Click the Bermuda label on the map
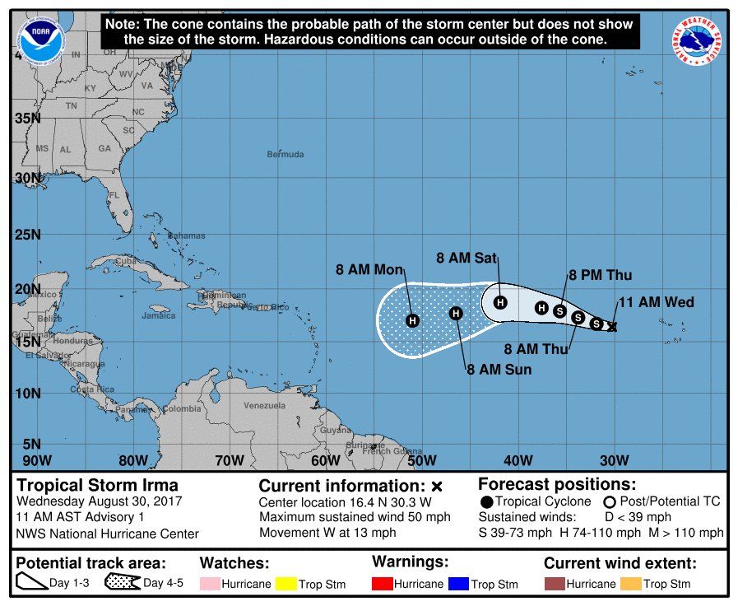pyautogui.click(x=285, y=154)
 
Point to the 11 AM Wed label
pyautogui.click(x=656, y=302)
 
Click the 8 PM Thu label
pyautogui.click(x=600, y=275)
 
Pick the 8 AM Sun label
pyautogui.click(x=499, y=370)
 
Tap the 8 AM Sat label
pyautogui.click(x=466, y=258)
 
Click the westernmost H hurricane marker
pyautogui.click(x=412, y=320)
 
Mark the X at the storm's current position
pyautogui.click(x=611, y=327)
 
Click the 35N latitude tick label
pyautogui.click(x=28, y=118)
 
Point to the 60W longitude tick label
pyautogui.click(x=325, y=459)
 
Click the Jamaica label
pyautogui.click(x=159, y=315)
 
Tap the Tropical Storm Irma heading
pyautogui.click(x=98, y=485)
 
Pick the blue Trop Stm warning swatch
pyautogui.click(x=458, y=584)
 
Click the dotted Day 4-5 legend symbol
pyautogui.click(x=122, y=584)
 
